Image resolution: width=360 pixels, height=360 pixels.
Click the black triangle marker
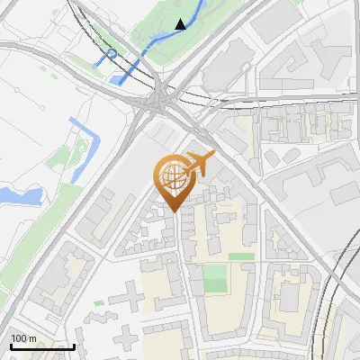pos(181,24)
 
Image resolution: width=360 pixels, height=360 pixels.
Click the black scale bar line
pos(41,346)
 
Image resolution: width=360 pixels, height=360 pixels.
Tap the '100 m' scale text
pos(23,338)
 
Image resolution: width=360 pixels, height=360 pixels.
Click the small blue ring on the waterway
pos(112,55)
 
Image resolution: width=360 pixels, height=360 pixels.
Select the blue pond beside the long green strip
pos(18,194)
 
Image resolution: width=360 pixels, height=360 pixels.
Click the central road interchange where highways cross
pos(159,94)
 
